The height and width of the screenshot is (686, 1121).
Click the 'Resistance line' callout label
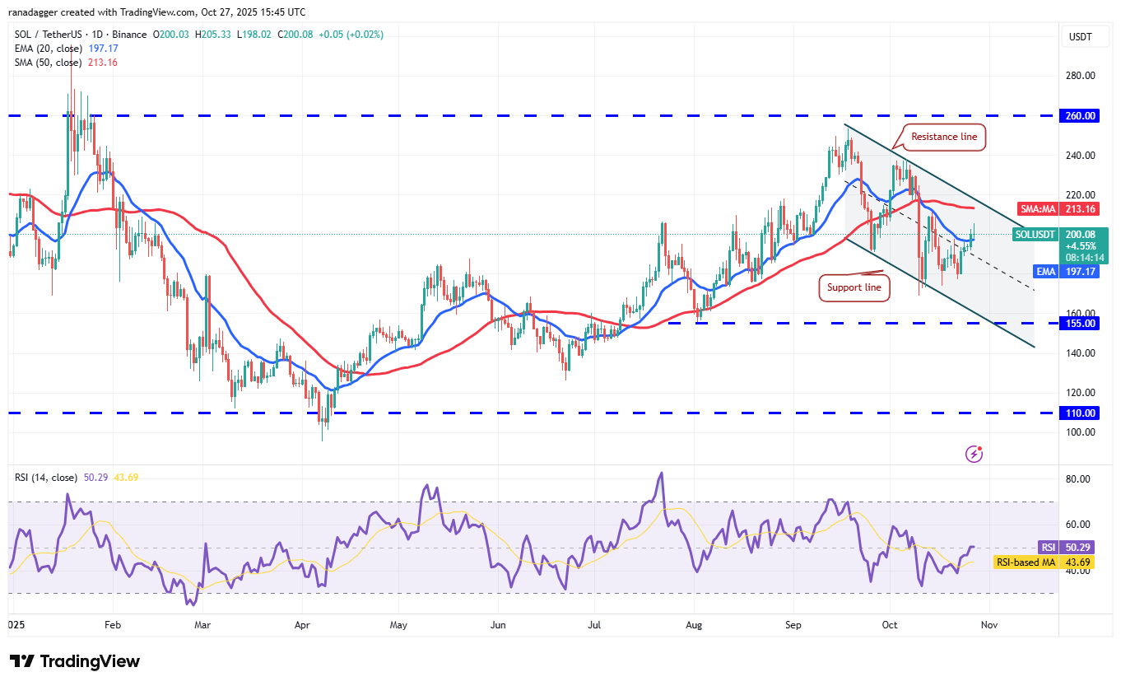pos(944,137)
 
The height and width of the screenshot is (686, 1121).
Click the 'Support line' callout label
pos(854,287)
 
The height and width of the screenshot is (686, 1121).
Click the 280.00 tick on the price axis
pos(1079,76)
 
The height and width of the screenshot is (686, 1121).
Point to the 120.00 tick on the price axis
pos(1079,393)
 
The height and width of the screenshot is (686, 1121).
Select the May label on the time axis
pos(399,626)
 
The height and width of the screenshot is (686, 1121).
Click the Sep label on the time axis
pos(793,626)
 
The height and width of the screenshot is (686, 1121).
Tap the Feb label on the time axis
pos(113,626)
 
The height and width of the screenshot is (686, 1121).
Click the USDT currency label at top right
pos(1080,36)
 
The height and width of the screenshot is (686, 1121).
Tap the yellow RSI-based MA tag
pos(1028,563)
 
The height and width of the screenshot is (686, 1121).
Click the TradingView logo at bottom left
pos(75,661)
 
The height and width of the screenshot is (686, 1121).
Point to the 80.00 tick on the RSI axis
pos(1077,479)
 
